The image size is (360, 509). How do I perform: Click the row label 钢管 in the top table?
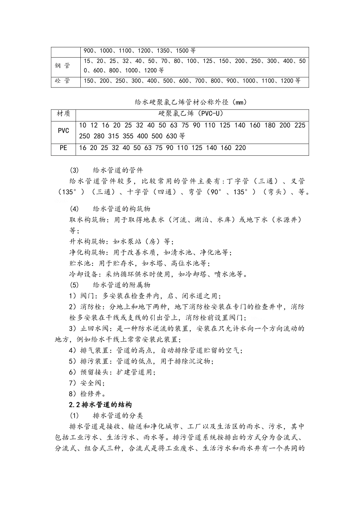(62, 66)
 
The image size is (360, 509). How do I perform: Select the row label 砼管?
(62, 81)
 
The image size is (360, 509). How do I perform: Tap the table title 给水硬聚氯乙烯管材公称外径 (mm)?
(191, 102)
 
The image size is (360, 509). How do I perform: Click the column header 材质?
(63, 114)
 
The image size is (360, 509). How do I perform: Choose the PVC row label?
(63, 131)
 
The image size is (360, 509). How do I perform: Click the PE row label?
(63, 148)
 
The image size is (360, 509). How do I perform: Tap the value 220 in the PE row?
(240, 148)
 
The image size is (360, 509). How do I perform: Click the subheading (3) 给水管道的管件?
(106, 170)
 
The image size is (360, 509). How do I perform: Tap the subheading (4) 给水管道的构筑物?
(110, 209)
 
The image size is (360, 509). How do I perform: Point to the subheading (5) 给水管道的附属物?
(110, 285)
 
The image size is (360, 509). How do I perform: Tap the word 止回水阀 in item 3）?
(93, 329)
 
